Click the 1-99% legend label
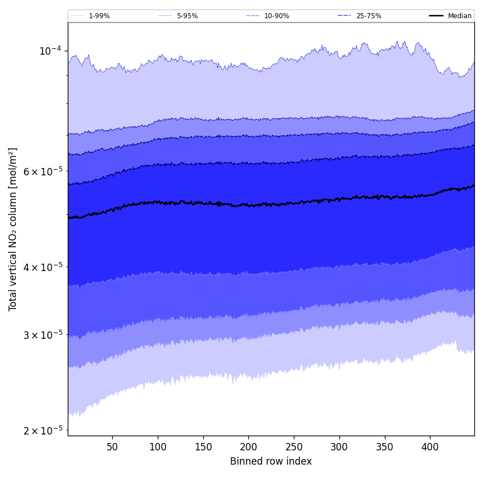tap(99, 16)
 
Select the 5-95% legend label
tap(187, 16)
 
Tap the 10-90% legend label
tap(276, 16)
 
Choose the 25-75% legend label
tap(368, 16)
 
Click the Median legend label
tap(460, 16)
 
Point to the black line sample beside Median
tap(436, 16)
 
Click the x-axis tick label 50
tap(112, 447)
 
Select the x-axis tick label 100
tap(158, 447)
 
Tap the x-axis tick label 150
tap(203, 447)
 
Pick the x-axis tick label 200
tap(248, 447)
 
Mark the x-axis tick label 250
tap(294, 447)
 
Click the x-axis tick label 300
tap(339, 447)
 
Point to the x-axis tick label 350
tap(385, 447)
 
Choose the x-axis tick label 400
tap(430, 447)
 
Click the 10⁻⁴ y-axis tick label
tap(50, 51)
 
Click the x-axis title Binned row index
tap(271, 461)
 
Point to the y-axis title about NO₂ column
tap(13, 229)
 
